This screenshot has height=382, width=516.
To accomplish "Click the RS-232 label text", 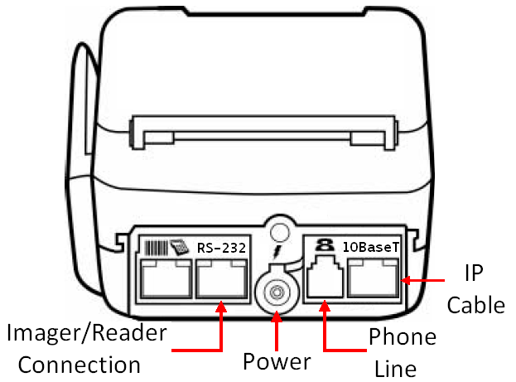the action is click(x=221, y=248).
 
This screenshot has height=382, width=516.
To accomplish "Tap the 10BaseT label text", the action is click(x=371, y=247).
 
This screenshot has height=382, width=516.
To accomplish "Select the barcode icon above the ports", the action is click(x=157, y=248).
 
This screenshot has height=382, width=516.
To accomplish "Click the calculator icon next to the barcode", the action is click(x=180, y=248).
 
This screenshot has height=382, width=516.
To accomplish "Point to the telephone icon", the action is click(x=325, y=245).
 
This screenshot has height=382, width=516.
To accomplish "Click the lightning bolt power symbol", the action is click(x=277, y=251).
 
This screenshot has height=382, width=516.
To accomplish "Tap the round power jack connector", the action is click(x=277, y=292).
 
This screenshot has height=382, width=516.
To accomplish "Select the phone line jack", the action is click(x=325, y=278).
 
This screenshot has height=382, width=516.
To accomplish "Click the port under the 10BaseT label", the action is click(x=374, y=278).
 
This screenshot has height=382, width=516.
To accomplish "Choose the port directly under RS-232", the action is click(x=222, y=278).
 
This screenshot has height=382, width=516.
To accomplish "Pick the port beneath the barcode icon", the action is click(x=166, y=278).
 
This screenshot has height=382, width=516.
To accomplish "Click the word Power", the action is click(x=277, y=361).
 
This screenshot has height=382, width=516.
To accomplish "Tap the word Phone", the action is click(x=403, y=336).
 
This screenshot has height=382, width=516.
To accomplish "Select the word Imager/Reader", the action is click(x=86, y=333).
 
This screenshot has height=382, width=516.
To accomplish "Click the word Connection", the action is click(x=80, y=365).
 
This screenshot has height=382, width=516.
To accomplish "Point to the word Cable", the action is click(x=476, y=305).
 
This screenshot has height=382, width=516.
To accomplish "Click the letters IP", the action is click(x=474, y=273).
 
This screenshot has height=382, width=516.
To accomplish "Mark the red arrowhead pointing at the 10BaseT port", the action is click(x=406, y=280).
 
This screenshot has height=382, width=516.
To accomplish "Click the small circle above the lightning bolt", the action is click(x=279, y=233).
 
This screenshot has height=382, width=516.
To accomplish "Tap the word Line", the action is click(x=396, y=369).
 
